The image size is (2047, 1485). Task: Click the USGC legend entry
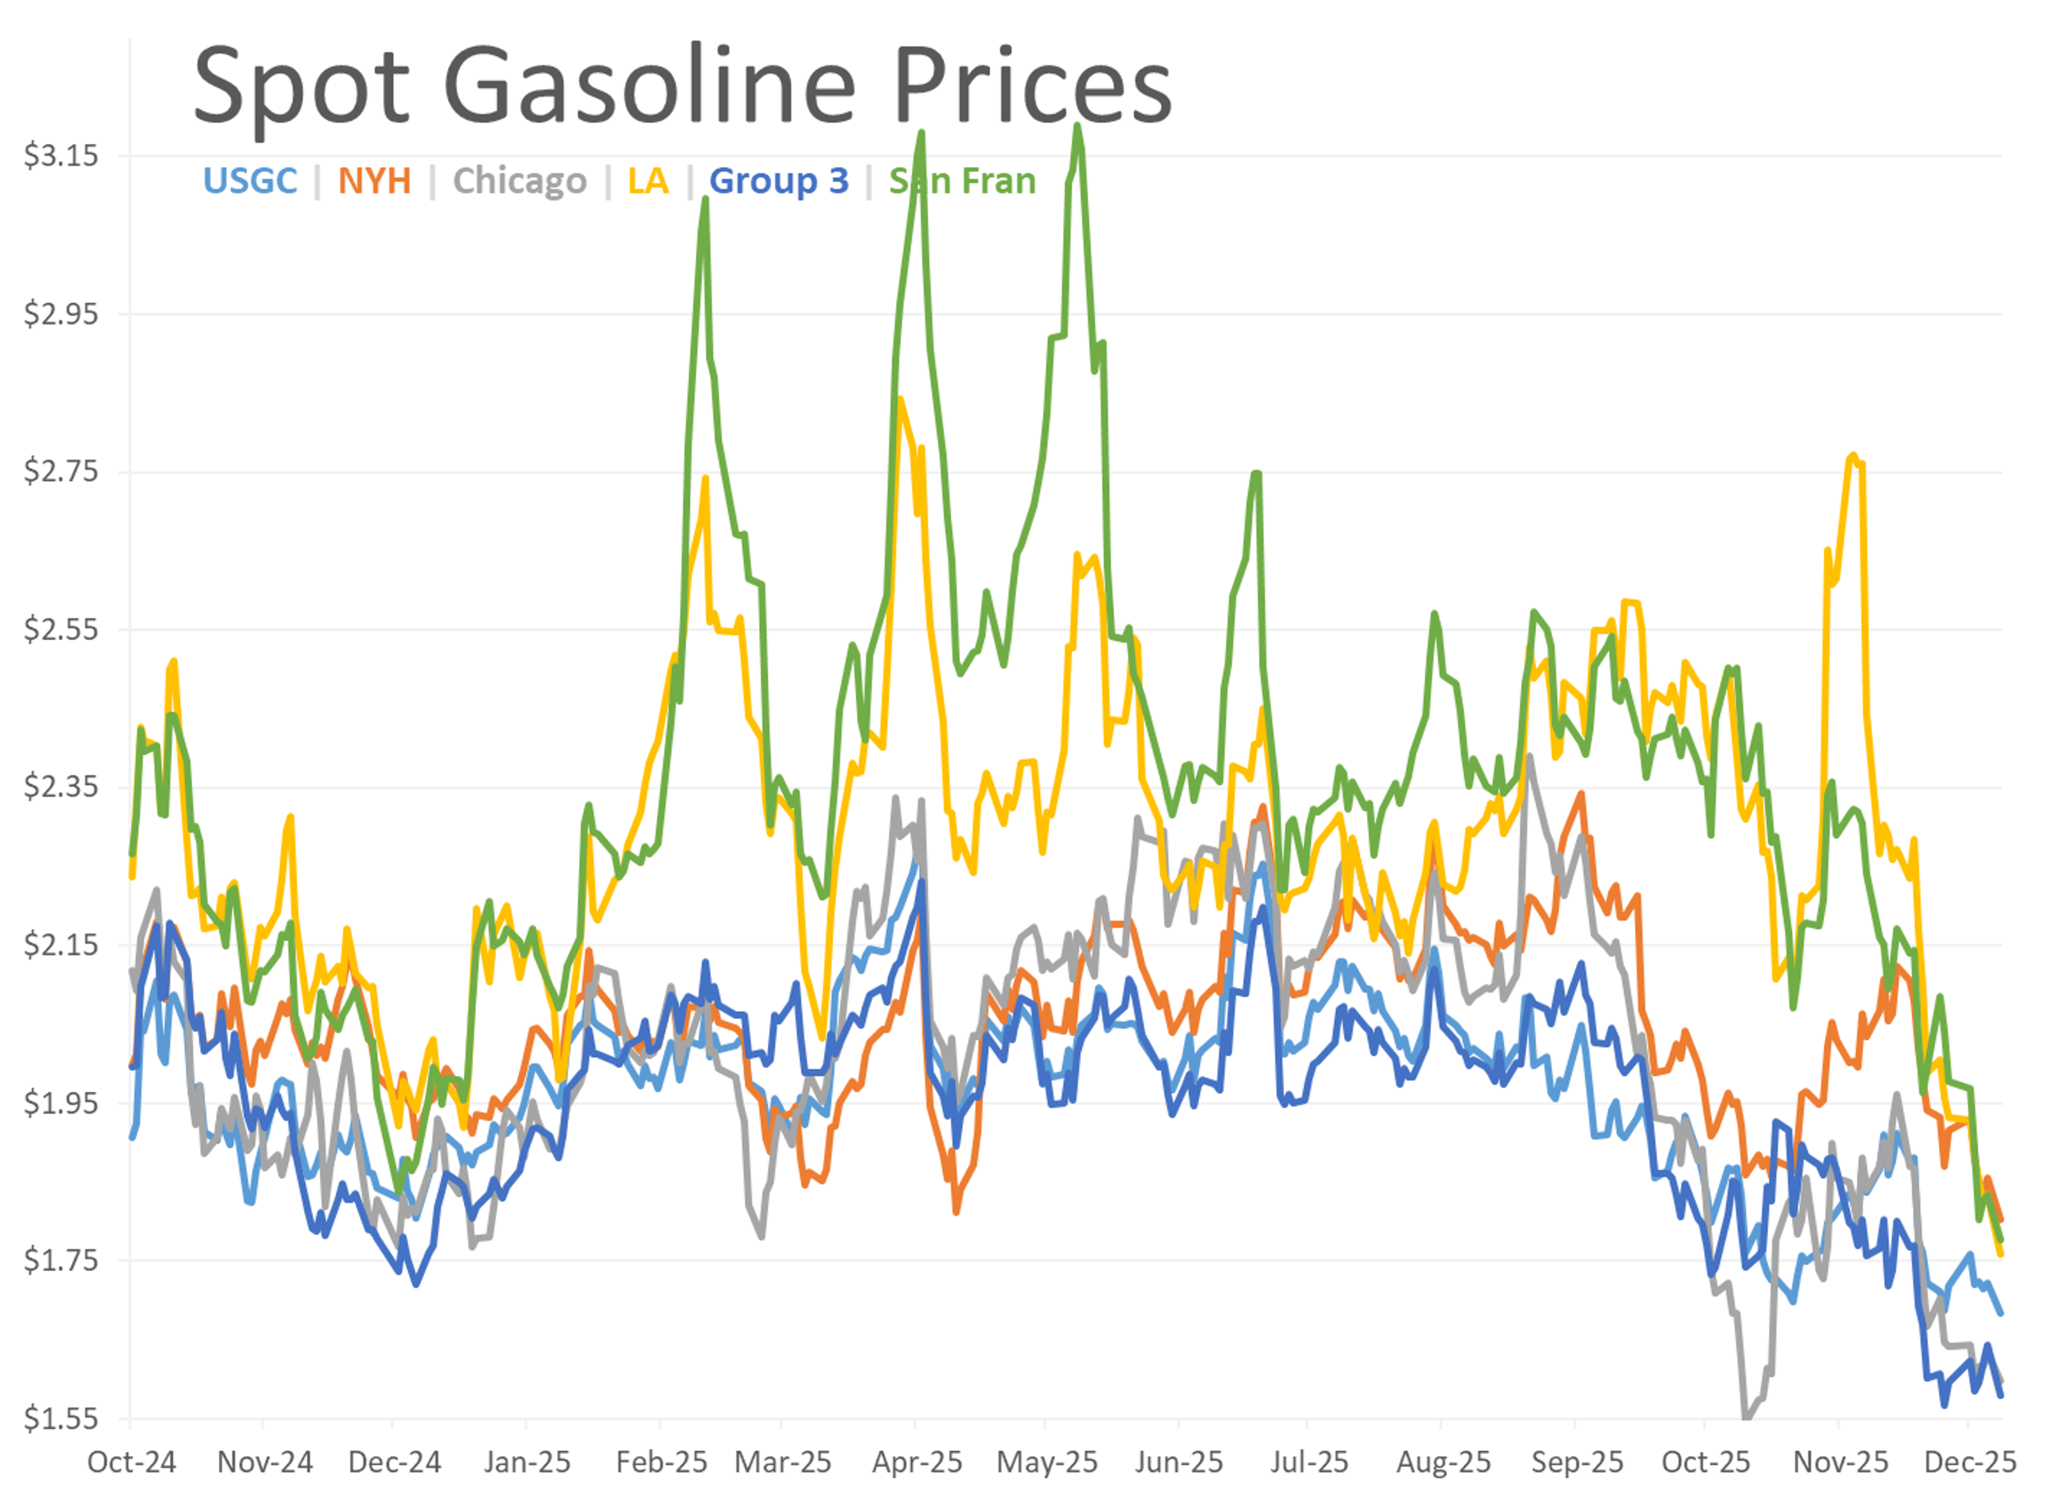[250, 181]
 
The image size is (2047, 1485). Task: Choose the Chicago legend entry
[519, 181]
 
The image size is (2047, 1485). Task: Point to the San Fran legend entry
[962, 181]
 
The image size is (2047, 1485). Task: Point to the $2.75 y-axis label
[60, 471]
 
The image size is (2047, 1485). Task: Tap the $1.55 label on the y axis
[60, 1419]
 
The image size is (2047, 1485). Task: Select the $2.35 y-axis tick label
[60, 787]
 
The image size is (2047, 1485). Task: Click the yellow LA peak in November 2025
[1853, 455]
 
